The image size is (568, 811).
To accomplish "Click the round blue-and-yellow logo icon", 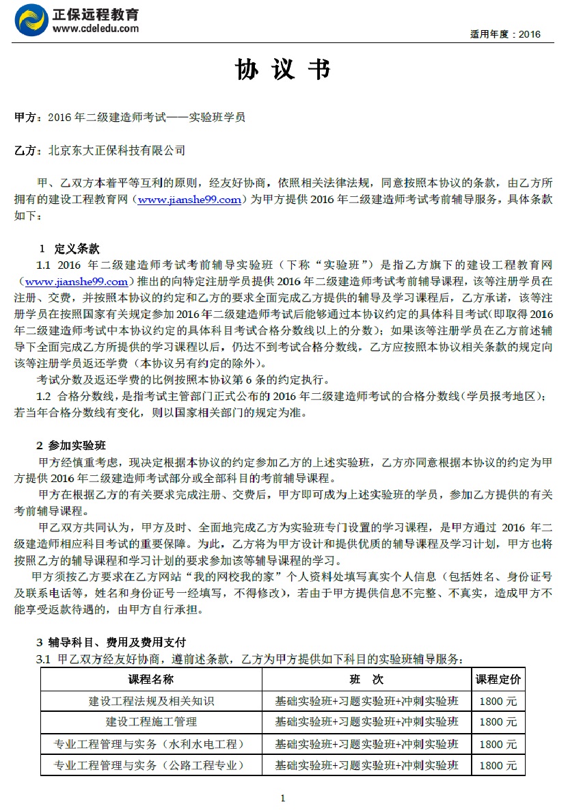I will (x=31, y=21).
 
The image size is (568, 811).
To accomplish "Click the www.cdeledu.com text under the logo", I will (x=95, y=29).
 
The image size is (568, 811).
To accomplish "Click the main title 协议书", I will (x=283, y=70).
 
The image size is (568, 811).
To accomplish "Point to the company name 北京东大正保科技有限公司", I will (x=117, y=150).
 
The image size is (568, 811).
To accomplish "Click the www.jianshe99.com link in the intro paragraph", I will (x=189, y=200).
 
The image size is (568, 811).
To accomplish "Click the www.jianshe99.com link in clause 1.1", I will (x=77, y=282).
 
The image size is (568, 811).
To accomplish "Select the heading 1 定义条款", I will (x=69, y=248).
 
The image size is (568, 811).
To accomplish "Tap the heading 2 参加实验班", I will (x=71, y=446).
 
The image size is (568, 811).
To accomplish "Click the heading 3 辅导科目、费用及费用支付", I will (x=111, y=642).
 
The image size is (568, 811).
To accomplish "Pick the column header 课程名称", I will (x=151, y=679).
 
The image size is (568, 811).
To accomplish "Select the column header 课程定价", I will (x=498, y=679).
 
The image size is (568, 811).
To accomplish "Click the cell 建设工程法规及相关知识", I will (x=151, y=701).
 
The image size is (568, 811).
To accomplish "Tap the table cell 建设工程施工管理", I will (x=151, y=722).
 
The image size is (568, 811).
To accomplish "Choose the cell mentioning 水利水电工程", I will (x=151, y=744).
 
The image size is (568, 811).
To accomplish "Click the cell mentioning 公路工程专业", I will (x=151, y=765).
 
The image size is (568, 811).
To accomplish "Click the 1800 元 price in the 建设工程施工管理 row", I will (x=498, y=722).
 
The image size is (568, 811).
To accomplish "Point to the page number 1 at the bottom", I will (x=283, y=797).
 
